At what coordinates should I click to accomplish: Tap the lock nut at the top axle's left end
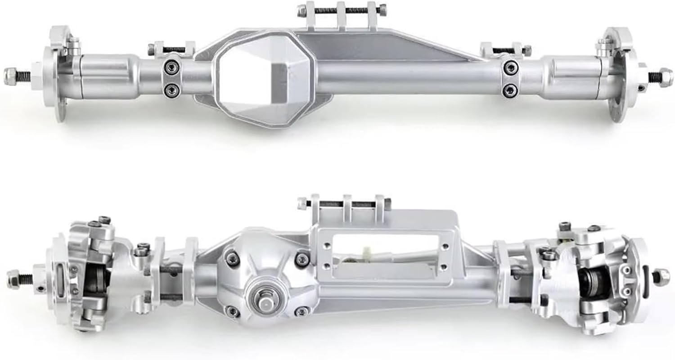[x=10, y=76]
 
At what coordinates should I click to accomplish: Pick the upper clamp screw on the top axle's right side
[x=510, y=68]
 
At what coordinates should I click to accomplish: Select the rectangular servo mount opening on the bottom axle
[x=387, y=252]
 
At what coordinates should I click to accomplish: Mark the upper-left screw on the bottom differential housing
[x=232, y=258]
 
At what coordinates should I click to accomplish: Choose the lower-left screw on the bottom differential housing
[x=232, y=310]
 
